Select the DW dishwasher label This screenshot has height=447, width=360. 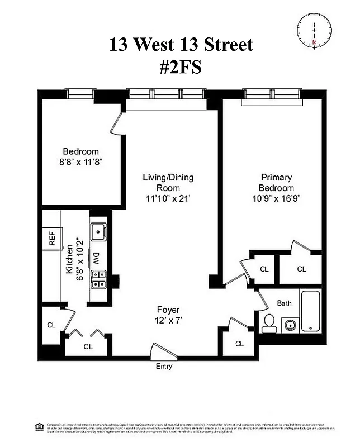(96, 258)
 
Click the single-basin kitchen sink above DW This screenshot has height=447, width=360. (98, 231)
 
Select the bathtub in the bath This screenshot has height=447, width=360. (310, 312)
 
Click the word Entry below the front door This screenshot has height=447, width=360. (163, 367)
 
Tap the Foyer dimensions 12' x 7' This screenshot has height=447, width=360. (168, 320)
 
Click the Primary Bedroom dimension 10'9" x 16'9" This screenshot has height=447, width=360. (276, 199)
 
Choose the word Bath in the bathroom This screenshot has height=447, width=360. (285, 303)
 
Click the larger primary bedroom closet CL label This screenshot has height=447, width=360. (301, 269)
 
